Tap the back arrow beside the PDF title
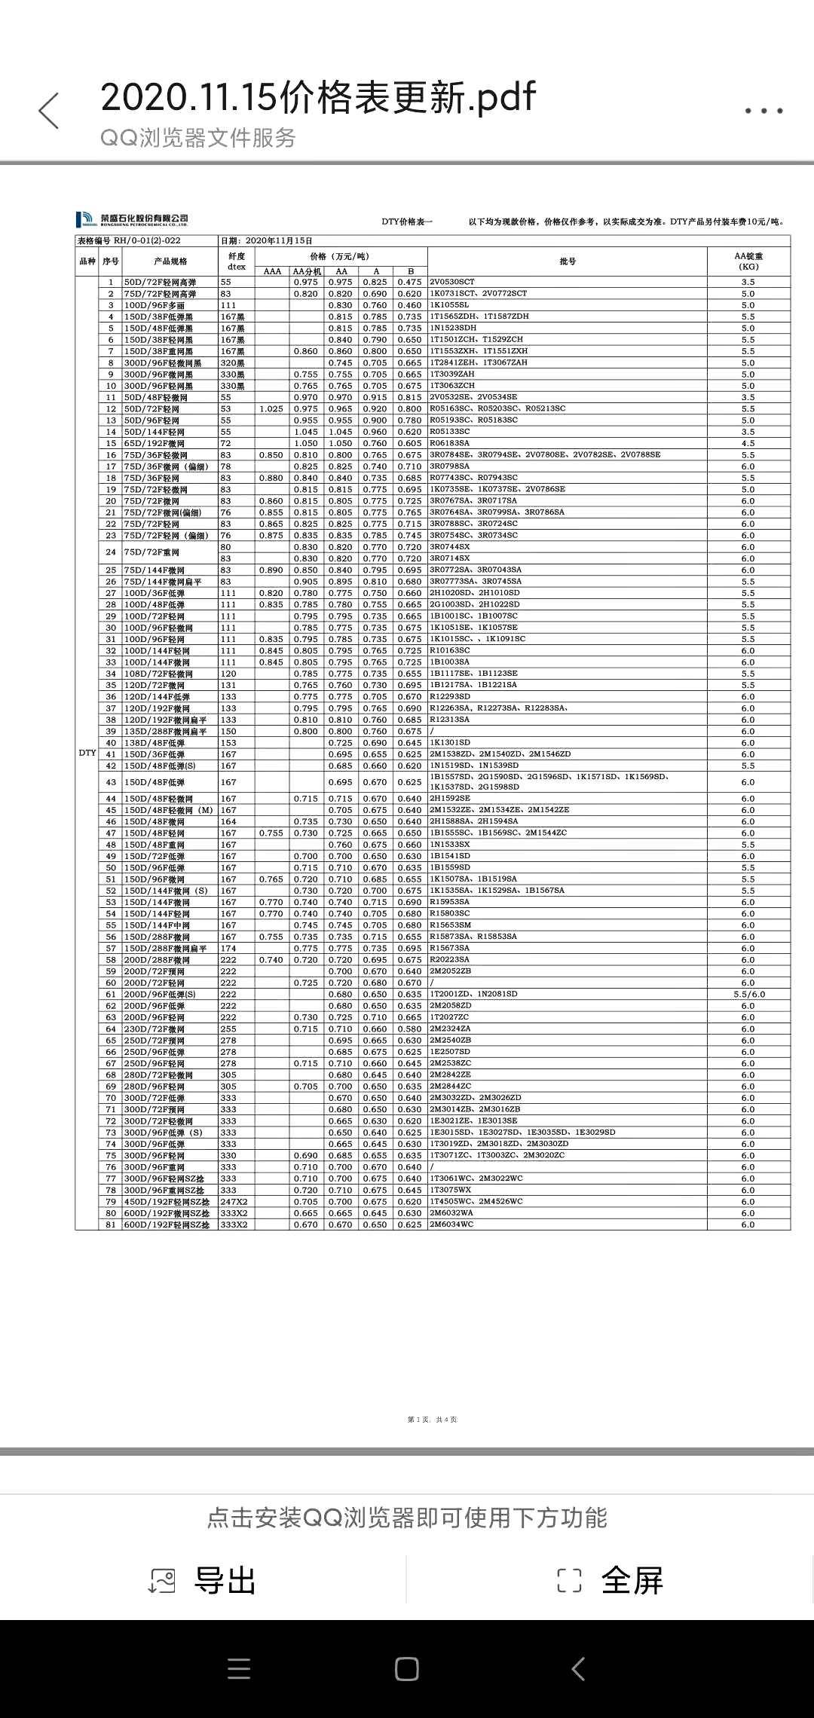[x=49, y=111]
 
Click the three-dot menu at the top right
[x=764, y=111]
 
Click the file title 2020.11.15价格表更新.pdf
[x=317, y=97]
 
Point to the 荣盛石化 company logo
[x=132, y=219]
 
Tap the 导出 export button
[x=203, y=1580]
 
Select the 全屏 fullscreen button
[x=610, y=1580]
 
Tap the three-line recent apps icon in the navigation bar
[x=239, y=1669]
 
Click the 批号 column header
[x=567, y=261]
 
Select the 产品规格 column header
[x=170, y=261]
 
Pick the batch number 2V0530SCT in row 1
[x=452, y=282]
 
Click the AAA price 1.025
[x=271, y=409]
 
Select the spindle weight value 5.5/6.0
[x=748, y=995]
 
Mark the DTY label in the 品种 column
[x=87, y=753]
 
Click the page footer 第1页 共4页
[x=433, y=1420]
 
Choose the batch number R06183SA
[x=450, y=443]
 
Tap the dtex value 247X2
[x=234, y=1202]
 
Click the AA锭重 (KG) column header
[x=748, y=261]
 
